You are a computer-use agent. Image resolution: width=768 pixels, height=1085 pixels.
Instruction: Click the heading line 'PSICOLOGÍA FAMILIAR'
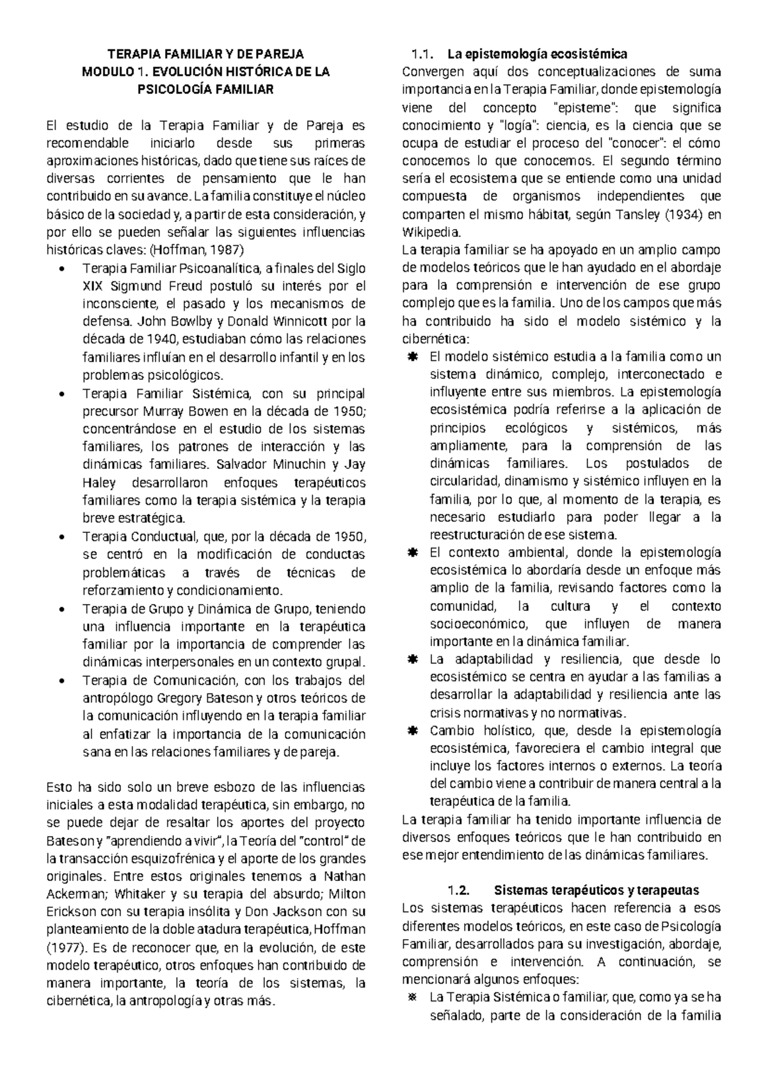[205, 90]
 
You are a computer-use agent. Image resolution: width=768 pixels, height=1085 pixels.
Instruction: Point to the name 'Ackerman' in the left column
[74, 894]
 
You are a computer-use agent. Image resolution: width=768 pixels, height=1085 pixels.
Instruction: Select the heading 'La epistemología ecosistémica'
[538, 54]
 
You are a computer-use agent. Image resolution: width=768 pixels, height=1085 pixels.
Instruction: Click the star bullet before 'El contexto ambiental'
[412, 552]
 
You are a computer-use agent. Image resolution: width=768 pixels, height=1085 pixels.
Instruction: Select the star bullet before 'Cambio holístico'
[412, 731]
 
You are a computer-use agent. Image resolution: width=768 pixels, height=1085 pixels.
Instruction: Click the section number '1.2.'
[460, 891]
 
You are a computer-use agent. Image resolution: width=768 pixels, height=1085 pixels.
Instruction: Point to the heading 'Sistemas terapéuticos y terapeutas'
[597, 891]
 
